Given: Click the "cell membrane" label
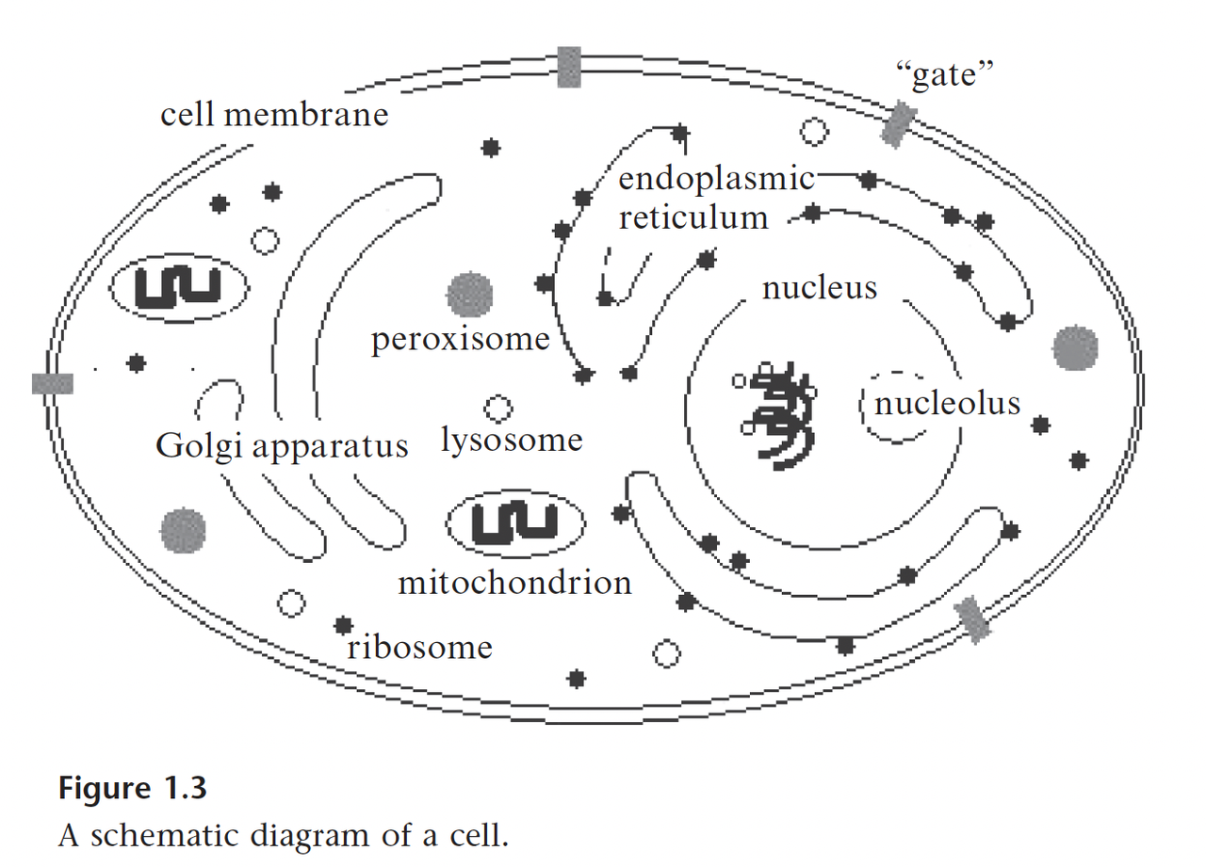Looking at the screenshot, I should pos(274,115).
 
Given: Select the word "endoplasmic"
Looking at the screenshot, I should pos(716,179).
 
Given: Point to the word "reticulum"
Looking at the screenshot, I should pos(693,217).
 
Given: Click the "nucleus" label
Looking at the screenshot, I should pos(820,286).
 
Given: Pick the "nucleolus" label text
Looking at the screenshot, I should pos(947,403).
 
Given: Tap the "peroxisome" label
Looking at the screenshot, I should pos(460,339).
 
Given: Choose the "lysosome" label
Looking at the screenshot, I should pos(513,440).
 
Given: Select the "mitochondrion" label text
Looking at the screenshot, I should pos(514,582).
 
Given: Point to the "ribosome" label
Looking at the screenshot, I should pos(419,648).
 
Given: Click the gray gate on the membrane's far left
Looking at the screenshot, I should pos(53,382).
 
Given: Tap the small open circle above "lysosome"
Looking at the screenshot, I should pos(497,408).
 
